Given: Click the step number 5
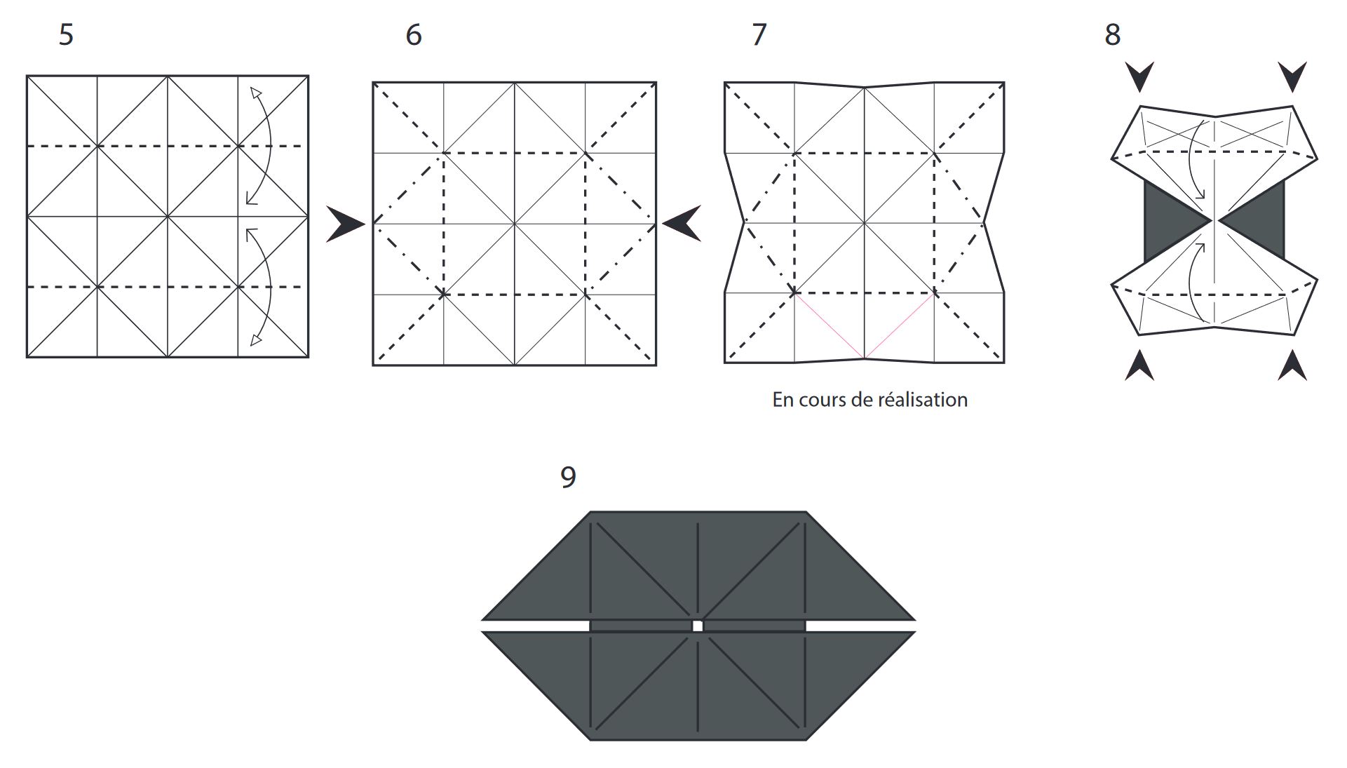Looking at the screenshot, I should tap(66, 34).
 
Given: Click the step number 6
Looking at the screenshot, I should tap(414, 34).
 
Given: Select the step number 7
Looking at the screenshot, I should tap(759, 34).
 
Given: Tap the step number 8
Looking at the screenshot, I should tap(1112, 34).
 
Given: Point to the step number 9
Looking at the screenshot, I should tap(568, 477).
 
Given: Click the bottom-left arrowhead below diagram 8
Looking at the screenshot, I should tap(1139, 366).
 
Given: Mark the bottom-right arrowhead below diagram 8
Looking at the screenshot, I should tap(1292, 366).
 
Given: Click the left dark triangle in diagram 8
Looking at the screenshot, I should tap(1167, 220).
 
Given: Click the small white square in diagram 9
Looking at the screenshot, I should tap(697, 626).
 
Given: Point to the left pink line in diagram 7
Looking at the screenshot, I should tap(829, 326).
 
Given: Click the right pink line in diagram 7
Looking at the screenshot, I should tap(900, 326).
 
